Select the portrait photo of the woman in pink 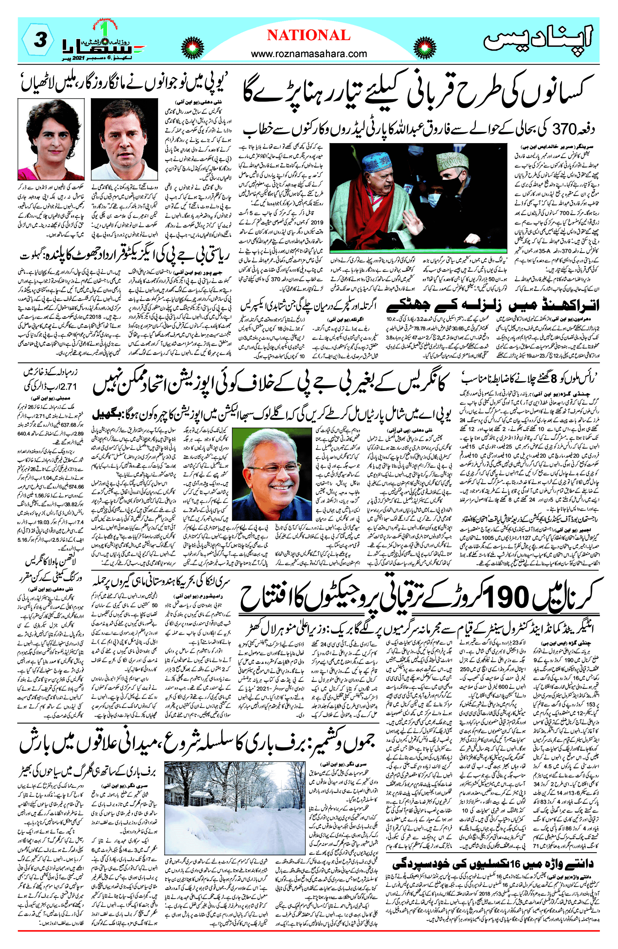51,140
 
